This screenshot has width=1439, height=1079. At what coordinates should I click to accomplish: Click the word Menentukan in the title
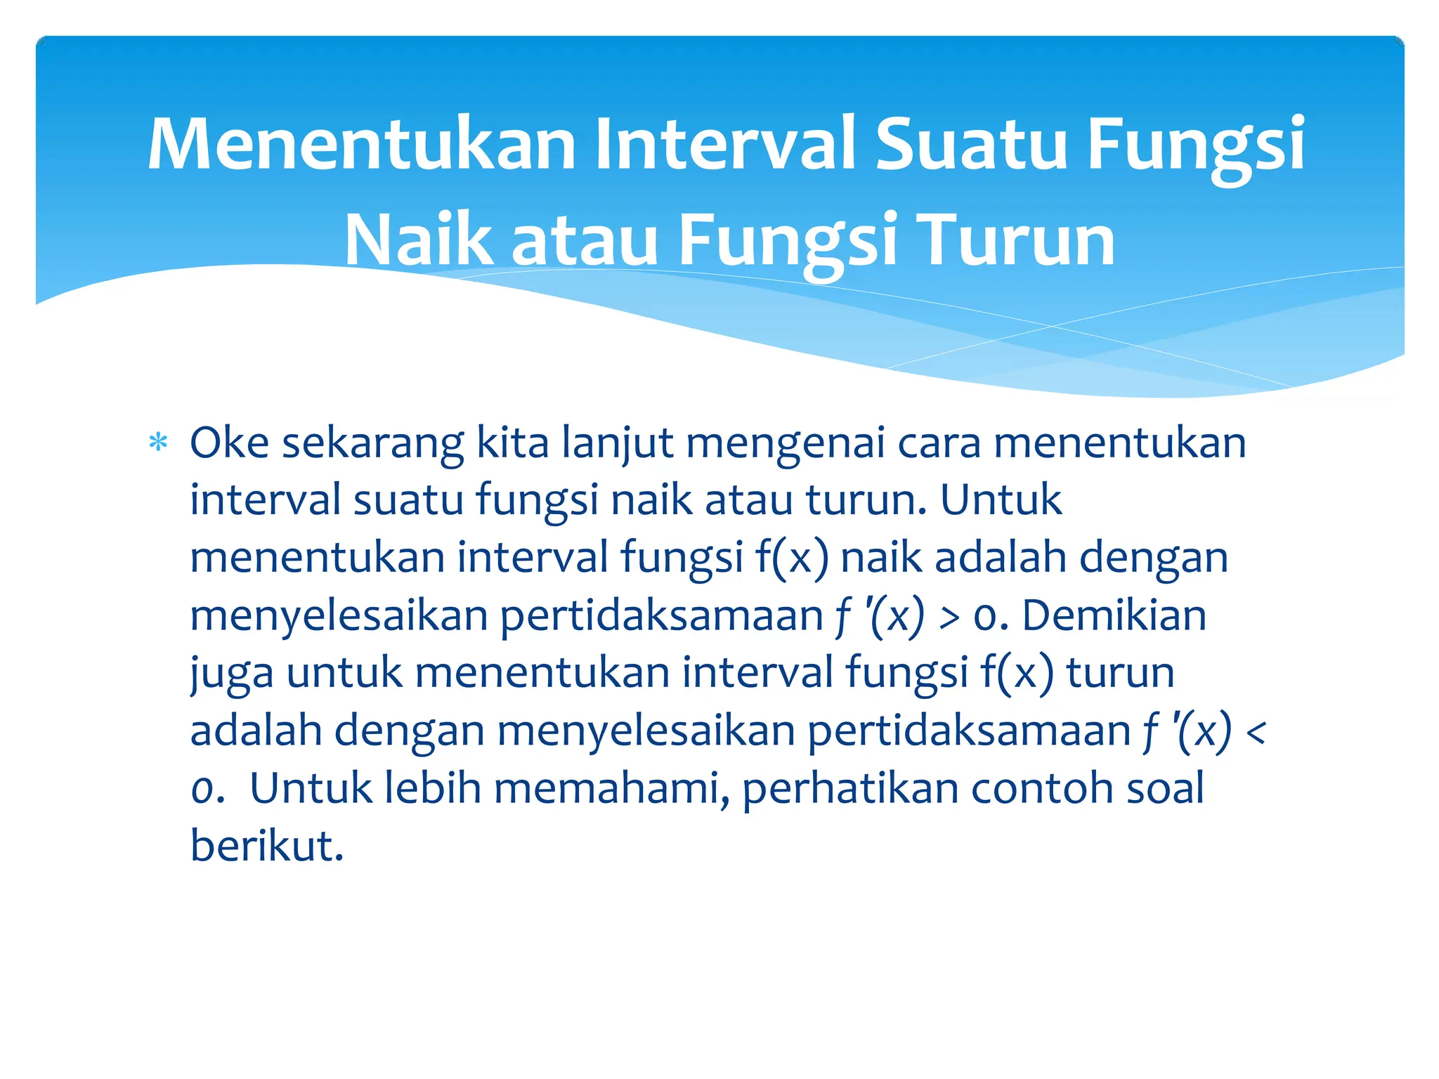[x=361, y=145]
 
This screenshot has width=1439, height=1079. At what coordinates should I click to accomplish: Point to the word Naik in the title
[x=418, y=241]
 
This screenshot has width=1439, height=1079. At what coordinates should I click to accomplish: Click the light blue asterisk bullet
[x=158, y=443]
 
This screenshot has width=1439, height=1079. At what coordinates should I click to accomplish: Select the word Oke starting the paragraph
[x=229, y=443]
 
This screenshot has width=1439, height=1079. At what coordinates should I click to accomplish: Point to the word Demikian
[x=1114, y=615]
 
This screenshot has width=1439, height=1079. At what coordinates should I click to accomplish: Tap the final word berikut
[x=267, y=846]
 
